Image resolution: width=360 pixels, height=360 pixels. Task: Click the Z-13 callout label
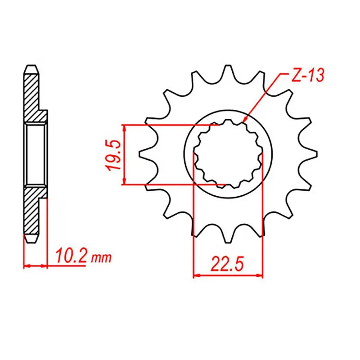306,76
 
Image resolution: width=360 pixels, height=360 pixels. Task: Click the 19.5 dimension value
113,155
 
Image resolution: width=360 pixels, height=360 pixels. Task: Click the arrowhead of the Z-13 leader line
244,121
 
